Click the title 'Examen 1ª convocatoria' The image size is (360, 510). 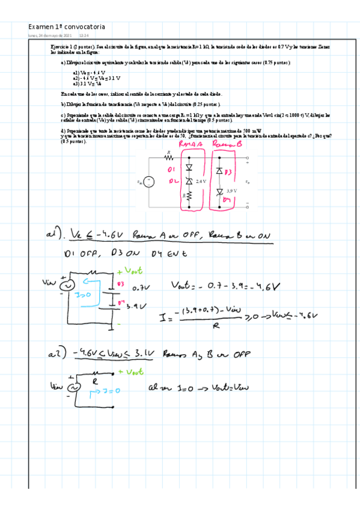(66, 27)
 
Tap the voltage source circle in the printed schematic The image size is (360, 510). (150, 181)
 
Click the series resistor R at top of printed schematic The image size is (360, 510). (169, 158)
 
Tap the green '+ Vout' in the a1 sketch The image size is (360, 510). (130, 272)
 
